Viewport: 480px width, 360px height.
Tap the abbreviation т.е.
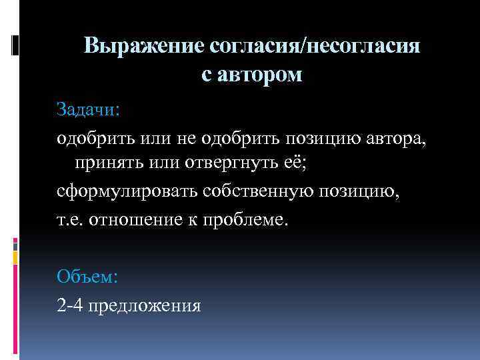[69, 219]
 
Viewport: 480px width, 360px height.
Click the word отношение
[133, 219]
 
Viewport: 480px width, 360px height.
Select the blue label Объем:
[87, 275]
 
